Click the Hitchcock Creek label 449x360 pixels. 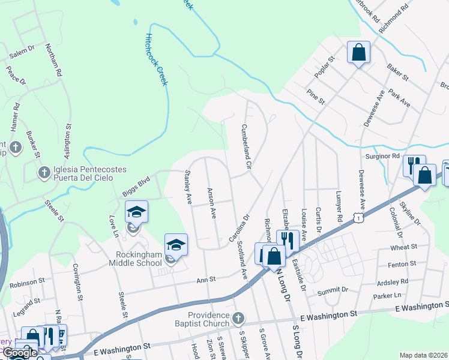(x=155, y=58)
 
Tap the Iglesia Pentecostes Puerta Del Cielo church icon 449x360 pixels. (x=44, y=173)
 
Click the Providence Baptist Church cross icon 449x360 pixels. (x=238, y=317)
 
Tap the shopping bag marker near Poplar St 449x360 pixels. (x=358, y=52)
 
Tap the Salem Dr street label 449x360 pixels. (x=23, y=53)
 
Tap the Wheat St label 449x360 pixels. (x=403, y=247)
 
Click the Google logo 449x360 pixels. (x=20, y=353)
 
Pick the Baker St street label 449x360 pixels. (x=397, y=72)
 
